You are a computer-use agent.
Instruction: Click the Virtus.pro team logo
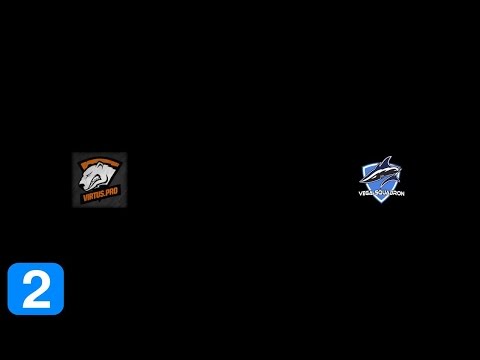(100, 180)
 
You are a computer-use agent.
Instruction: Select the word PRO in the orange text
(112, 196)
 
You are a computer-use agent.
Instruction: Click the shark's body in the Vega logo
(382, 173)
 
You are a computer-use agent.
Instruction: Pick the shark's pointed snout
(362, 177)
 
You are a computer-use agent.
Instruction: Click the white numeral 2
(36, 290)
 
